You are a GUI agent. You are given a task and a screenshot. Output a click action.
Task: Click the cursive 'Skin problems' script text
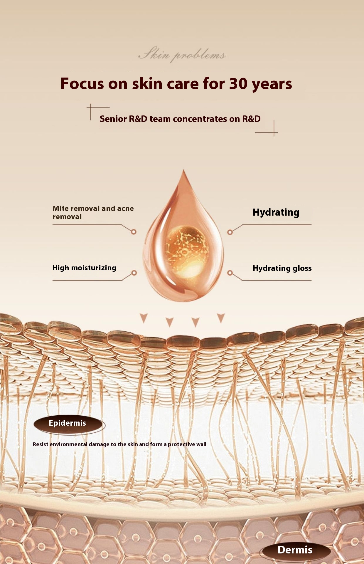tap(182, 55)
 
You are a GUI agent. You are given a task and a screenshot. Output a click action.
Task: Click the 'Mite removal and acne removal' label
tap(93, 212)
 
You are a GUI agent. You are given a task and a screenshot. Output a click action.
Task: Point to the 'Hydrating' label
tap(276, 212)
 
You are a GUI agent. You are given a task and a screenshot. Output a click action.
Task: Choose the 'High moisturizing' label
tap(84, 268)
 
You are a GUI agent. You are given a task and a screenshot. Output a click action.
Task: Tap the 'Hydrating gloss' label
tap(282, 268)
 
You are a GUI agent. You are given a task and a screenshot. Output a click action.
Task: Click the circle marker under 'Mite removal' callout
tap(134, 232)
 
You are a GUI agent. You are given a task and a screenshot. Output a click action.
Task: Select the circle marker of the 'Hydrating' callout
tap(230, 232)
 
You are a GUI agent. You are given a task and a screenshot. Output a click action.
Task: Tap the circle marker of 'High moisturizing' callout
tap(134, 273)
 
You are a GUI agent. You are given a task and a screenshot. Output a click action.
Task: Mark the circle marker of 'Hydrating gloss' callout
tap(230, 273)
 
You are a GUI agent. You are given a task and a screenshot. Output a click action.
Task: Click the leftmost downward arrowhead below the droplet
tap(144, 318)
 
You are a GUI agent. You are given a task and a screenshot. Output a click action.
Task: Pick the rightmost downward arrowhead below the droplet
tap(221, 318)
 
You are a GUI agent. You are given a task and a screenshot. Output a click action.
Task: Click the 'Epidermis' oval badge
tap(68, 424)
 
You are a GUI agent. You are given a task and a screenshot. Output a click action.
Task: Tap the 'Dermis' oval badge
tap(295, 550)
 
